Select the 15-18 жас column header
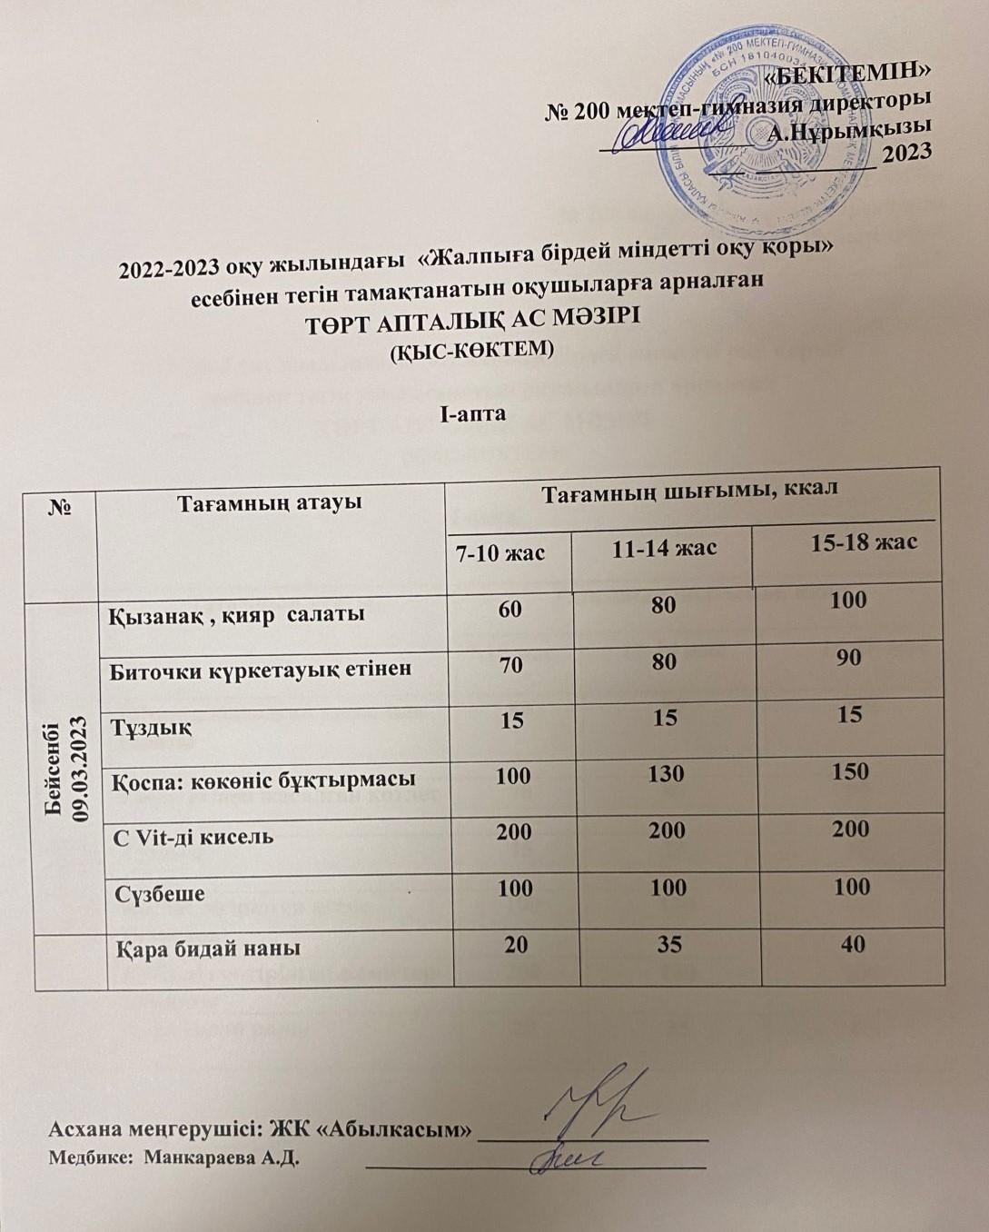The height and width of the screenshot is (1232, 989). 863,543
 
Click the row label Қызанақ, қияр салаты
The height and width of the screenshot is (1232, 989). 237,614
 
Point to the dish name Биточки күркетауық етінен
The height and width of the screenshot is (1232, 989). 261,670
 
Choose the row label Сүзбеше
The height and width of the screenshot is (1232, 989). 153,892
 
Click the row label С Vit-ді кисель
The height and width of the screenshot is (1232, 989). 193,835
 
